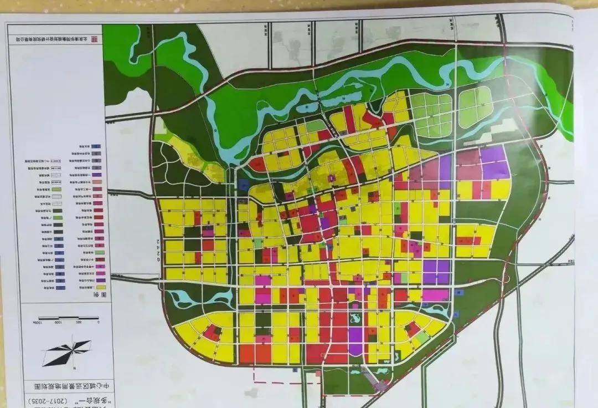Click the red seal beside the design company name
93,39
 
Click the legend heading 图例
102,295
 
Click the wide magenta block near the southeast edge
435,295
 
